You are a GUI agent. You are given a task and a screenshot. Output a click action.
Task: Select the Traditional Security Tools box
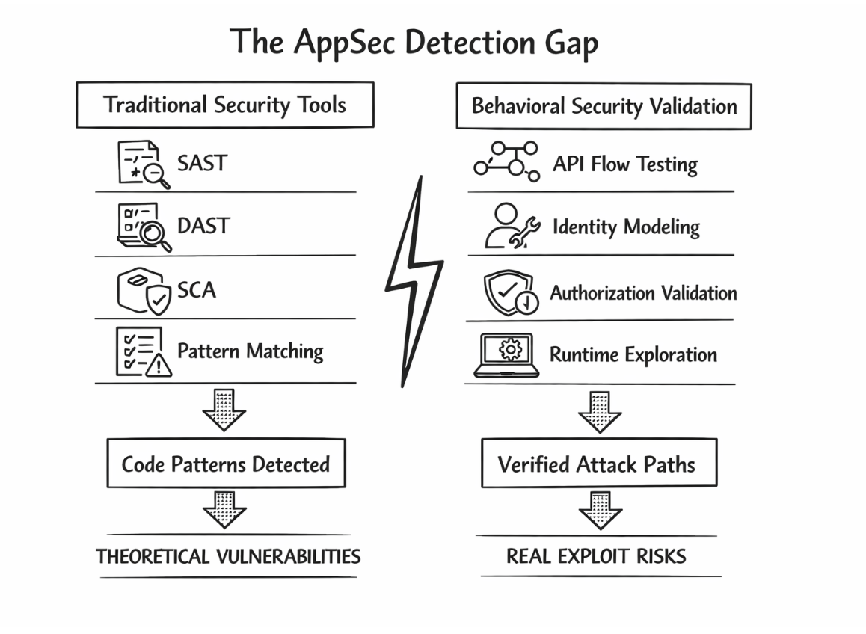[224, 105]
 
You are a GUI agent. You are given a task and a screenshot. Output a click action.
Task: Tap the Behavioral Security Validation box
[604, 106]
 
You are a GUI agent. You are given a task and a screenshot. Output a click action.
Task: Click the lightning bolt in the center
[414, 280]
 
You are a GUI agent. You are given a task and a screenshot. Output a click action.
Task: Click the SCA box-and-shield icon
[144, 291]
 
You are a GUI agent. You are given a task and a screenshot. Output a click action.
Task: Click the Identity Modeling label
[626, 227]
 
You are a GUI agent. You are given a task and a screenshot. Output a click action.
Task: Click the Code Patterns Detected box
[225, 464]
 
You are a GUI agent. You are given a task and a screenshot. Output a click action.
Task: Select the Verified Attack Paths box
[597, 464]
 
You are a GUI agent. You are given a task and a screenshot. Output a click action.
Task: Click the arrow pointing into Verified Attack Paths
[599, 411]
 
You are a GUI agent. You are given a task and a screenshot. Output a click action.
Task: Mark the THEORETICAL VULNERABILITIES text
[228, 556]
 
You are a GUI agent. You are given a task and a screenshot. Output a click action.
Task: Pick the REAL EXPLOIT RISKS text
[596, 556]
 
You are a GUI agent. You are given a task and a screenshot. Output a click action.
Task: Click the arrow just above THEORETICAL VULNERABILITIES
[224, 508]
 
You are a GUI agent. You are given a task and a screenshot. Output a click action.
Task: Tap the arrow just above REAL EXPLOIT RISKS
[600, 510]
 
